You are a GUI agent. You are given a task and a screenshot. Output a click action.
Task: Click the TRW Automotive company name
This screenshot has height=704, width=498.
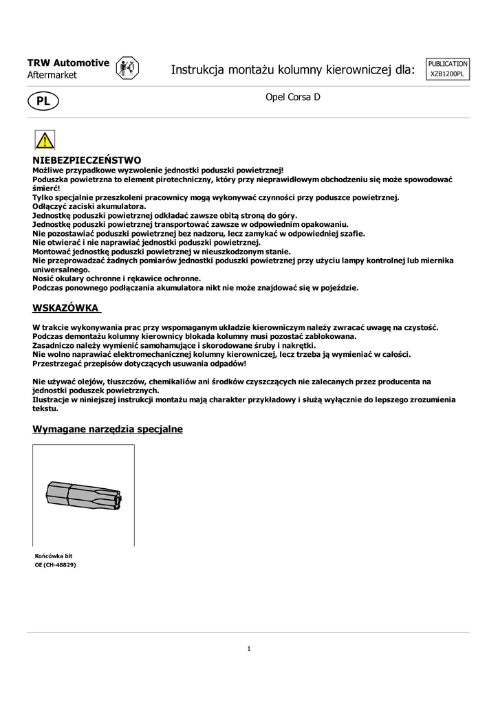(68, 63)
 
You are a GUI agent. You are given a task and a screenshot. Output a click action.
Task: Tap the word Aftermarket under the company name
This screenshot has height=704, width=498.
(52, 75)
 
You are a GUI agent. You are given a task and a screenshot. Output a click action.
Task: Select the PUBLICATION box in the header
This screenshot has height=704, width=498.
(448, 63)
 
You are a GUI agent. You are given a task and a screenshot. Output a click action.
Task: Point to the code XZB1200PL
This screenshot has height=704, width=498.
(448, 74)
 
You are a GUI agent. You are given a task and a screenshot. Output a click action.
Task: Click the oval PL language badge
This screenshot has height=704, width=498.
(43, 101)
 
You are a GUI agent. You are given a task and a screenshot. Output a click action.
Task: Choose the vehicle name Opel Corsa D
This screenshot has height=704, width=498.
(293, 98)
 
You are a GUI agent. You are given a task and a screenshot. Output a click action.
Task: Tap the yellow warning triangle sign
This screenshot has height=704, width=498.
(45, 140)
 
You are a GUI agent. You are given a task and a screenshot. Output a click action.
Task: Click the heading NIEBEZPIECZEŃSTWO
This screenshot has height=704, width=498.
(87, 160)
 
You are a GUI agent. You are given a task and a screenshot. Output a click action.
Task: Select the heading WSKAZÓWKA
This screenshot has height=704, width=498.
(66, 307)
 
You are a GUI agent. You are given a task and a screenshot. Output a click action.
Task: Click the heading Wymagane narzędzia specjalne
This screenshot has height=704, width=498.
(107, 429)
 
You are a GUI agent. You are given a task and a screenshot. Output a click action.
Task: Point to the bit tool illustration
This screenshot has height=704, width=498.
(83, 495)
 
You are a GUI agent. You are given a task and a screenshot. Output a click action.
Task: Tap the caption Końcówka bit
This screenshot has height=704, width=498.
(54, 555)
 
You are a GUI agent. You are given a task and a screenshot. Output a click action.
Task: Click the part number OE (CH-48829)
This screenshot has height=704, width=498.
(55, 564)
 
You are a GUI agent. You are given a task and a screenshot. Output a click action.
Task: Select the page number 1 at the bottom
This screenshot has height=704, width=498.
(248, 648)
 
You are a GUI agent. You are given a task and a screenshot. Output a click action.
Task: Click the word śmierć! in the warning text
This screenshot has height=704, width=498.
(46, 188)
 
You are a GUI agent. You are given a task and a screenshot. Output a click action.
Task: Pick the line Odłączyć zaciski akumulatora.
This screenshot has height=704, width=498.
(89, 206)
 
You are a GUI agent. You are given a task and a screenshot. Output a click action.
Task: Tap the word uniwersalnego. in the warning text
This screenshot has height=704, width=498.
(62, 269)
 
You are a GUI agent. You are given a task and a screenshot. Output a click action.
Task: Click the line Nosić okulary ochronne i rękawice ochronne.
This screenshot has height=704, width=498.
(117, 278)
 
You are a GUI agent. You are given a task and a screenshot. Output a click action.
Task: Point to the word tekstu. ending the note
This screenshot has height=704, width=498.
(45, 408)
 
